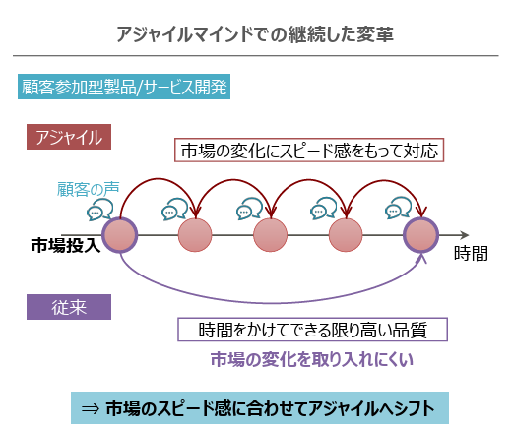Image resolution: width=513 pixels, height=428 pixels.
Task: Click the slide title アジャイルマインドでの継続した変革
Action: point(255,34)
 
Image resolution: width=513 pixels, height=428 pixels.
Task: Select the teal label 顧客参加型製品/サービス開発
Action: point(124,87)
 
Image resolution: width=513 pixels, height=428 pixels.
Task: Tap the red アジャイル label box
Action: point(69,137)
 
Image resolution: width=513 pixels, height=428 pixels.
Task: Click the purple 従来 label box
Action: point(69,307)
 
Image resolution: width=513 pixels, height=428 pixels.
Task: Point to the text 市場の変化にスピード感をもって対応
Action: point(309,151)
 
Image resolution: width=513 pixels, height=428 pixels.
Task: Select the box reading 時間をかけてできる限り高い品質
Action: point(312,330)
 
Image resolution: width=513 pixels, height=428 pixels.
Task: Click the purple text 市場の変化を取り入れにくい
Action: point(312,359)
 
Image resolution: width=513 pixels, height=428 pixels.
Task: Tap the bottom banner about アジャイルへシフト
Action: point(260,407)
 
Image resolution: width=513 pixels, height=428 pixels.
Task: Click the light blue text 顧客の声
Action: point(88,189)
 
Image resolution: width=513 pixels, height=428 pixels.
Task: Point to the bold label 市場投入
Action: point(66,245)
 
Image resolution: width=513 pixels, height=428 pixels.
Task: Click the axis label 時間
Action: point(471,253)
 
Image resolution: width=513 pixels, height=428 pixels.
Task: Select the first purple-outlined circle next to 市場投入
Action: point(120,235)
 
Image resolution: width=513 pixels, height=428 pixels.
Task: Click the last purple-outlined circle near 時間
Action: point(421,235)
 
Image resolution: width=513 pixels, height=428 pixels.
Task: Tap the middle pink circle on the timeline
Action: point(271,235)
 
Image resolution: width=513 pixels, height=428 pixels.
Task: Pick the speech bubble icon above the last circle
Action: point(398,208)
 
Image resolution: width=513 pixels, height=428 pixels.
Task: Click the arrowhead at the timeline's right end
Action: point(465,235)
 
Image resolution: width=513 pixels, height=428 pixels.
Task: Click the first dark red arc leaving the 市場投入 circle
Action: point(159,179)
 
